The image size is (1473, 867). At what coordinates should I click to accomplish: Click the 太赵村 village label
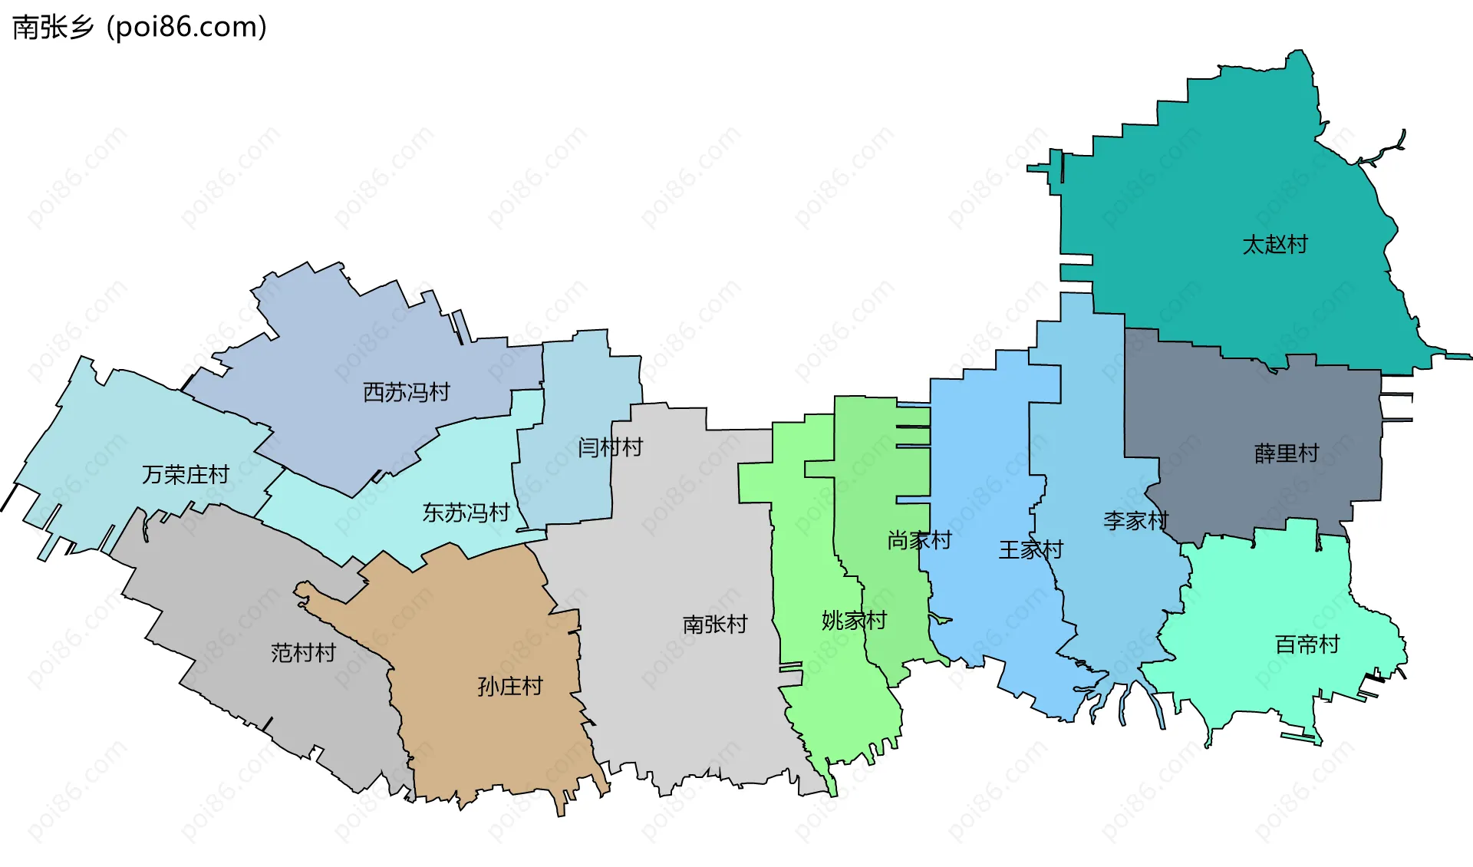point(1274,245)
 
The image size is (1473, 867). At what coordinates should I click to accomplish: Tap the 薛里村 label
point(1286,453)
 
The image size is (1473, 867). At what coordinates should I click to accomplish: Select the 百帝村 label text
point(1307,644)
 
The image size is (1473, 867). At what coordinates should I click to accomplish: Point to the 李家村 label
point(1135,521)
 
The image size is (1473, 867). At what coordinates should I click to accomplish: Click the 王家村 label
point(1030,549)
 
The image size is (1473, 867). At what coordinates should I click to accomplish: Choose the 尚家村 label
point(919,540)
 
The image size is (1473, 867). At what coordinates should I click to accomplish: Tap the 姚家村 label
point(854,620)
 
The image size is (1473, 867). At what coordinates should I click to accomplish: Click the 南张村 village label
point(714,624)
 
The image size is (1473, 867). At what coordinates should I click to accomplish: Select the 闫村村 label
point(610,447)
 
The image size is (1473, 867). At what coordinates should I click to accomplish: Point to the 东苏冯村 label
point(466,512)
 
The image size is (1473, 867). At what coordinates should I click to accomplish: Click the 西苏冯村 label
point(406,392)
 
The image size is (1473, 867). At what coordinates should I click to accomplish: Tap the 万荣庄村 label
point(185,474)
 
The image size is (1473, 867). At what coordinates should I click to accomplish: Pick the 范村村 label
point(303,652)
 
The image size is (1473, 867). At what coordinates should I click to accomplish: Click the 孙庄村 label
point(509,685)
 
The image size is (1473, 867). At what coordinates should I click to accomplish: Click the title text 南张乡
point(53,27)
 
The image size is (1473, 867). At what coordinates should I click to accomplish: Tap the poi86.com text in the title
point(186,27)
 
